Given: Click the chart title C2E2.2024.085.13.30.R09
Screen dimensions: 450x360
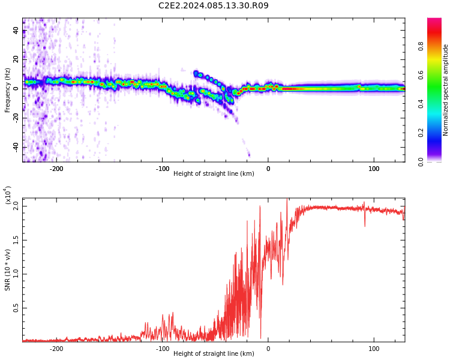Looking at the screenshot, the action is pos(214,5).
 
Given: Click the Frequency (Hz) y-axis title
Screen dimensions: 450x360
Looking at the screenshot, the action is pos(7,90).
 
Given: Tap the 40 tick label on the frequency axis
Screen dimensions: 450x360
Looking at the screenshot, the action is pos(16,31).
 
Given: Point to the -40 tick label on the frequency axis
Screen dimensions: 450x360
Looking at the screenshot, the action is pos(16,147).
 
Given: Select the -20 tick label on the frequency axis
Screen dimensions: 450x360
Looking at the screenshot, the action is pos(16,118).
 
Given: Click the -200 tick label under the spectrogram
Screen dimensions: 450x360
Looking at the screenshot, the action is pos(56,169).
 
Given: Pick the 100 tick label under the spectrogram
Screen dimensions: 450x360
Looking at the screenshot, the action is pos(374,169).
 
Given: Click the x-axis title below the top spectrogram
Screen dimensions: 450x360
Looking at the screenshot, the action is pos(214,173).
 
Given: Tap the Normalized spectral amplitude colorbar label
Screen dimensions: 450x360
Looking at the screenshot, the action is pos(445,90).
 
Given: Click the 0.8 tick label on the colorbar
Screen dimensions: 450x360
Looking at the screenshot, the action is pos(421,46).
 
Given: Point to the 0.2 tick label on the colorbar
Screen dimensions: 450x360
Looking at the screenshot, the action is pos(421,133).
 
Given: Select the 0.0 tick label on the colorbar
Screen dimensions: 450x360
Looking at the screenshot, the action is pos(421,162).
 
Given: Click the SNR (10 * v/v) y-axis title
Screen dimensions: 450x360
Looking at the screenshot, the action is pos(7,270).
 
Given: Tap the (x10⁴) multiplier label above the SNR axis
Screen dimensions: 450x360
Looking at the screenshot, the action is pos(8,195).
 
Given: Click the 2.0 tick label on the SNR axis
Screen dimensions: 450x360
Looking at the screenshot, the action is pos(16,206).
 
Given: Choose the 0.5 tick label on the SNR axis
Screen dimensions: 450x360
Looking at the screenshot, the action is pos(16,308).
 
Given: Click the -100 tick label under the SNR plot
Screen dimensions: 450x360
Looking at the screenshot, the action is pos(162,349).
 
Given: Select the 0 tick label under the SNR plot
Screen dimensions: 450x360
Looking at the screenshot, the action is pos(268,349).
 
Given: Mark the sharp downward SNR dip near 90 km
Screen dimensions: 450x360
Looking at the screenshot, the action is pos(365,223).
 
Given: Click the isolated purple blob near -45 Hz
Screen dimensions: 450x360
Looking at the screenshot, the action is pos(249,155).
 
